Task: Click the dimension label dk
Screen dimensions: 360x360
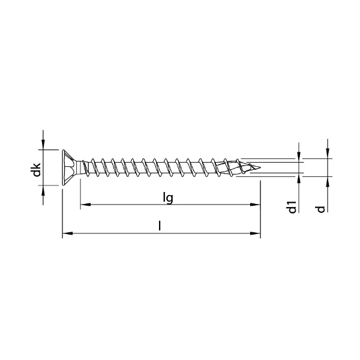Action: tap(37, 169)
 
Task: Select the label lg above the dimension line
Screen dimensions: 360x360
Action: tap(169, 197)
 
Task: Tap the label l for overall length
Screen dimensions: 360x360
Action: tap(160, 226)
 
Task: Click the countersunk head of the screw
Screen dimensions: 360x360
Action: tap(70, 166)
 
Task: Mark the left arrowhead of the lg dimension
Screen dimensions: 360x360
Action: tap(85, 205)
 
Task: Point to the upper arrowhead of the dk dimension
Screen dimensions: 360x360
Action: tap(43, 144)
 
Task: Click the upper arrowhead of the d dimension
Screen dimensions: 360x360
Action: tap(328, 154)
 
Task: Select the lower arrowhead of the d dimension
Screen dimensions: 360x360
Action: tap(328, 181)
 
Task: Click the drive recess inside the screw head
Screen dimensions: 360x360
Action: tap(73, 166)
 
